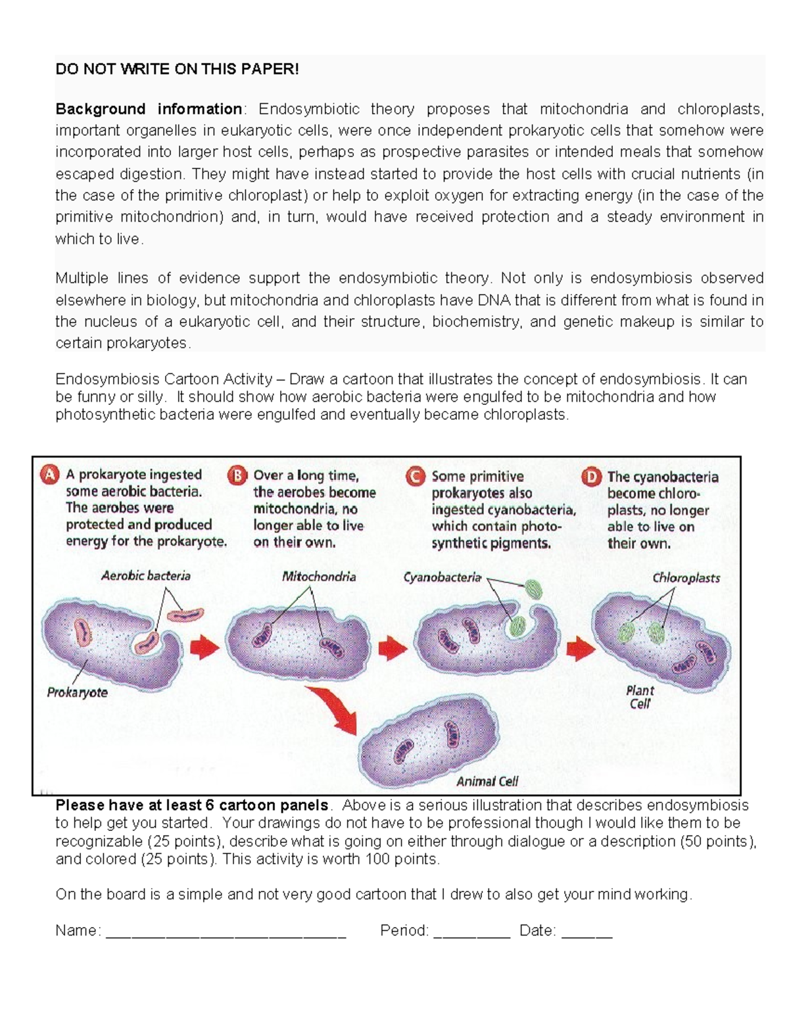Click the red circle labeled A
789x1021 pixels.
50,475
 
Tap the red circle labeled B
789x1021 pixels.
237,475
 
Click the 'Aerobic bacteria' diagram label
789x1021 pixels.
145,576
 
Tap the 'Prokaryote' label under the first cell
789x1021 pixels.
77,692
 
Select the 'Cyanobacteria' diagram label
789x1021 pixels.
442,577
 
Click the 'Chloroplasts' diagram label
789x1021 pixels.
686,578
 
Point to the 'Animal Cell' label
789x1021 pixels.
487,781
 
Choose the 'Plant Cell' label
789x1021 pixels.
640,697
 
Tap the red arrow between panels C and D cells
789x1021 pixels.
580,650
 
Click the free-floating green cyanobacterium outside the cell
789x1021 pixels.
534,589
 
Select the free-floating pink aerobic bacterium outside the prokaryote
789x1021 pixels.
185,615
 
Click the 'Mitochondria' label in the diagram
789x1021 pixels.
319,577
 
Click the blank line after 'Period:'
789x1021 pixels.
471,932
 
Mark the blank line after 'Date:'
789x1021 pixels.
586,932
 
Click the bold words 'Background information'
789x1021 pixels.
149,108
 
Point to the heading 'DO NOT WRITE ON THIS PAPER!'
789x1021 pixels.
177,69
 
